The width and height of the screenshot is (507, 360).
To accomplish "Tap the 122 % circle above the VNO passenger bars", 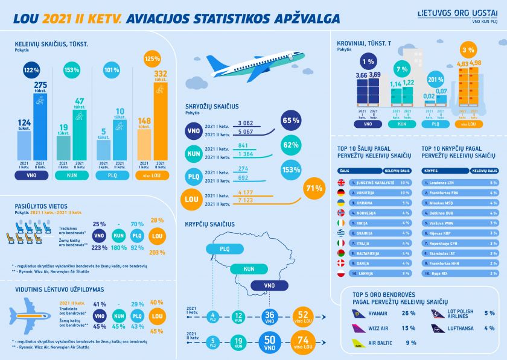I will (31, 70).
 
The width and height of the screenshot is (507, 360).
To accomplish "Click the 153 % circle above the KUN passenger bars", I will (72, 70).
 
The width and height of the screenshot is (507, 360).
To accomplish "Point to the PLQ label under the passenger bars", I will (111, 175).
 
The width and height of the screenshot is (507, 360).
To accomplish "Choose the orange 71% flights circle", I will (314, 189).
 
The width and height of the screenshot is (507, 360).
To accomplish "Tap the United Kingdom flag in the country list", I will (341, 182).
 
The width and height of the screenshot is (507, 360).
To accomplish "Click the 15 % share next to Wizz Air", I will (409, 328).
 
